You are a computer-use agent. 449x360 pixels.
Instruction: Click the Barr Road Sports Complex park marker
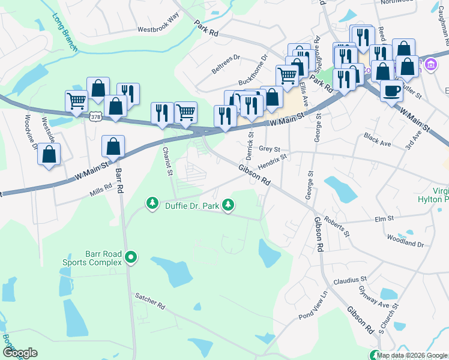[x=130, y=259]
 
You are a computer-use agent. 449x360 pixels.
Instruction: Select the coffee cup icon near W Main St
[x=391, y=92]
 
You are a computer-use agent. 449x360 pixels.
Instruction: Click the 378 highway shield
[x=95, y=118]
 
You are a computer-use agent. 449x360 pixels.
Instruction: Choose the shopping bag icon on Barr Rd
[x=113, y=146]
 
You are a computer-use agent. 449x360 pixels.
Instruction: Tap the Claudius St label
[x=350, y=280]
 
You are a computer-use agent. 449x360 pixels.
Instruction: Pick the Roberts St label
[x=336, y=227]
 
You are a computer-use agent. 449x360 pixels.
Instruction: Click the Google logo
[x=20, y=353]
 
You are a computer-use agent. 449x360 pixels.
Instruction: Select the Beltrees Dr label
[x=226, y=65]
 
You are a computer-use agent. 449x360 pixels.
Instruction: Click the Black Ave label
[x=377, y=140]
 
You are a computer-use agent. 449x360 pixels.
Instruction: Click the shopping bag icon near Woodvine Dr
[x=49, y=154]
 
